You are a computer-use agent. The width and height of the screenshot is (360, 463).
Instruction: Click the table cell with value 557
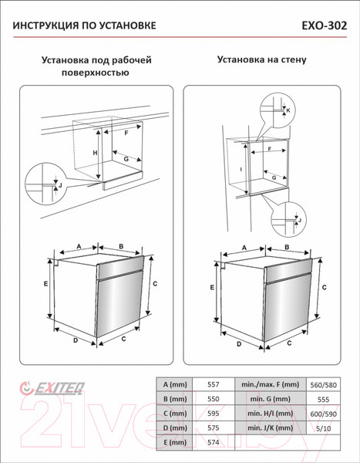(x=214, y=384)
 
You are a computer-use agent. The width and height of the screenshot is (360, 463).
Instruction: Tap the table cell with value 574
(x=214, y=442)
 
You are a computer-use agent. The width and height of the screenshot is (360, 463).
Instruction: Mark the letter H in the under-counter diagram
(x=95, y=153)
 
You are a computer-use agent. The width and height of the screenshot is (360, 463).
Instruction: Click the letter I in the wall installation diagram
(x=241, y=168)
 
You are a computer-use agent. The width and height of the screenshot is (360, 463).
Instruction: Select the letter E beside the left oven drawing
(x=46, y=284)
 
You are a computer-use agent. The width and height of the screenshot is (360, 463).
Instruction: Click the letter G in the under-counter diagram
(x=125, y=158)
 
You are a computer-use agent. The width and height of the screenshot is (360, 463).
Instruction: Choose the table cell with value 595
(x=214, y=413)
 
